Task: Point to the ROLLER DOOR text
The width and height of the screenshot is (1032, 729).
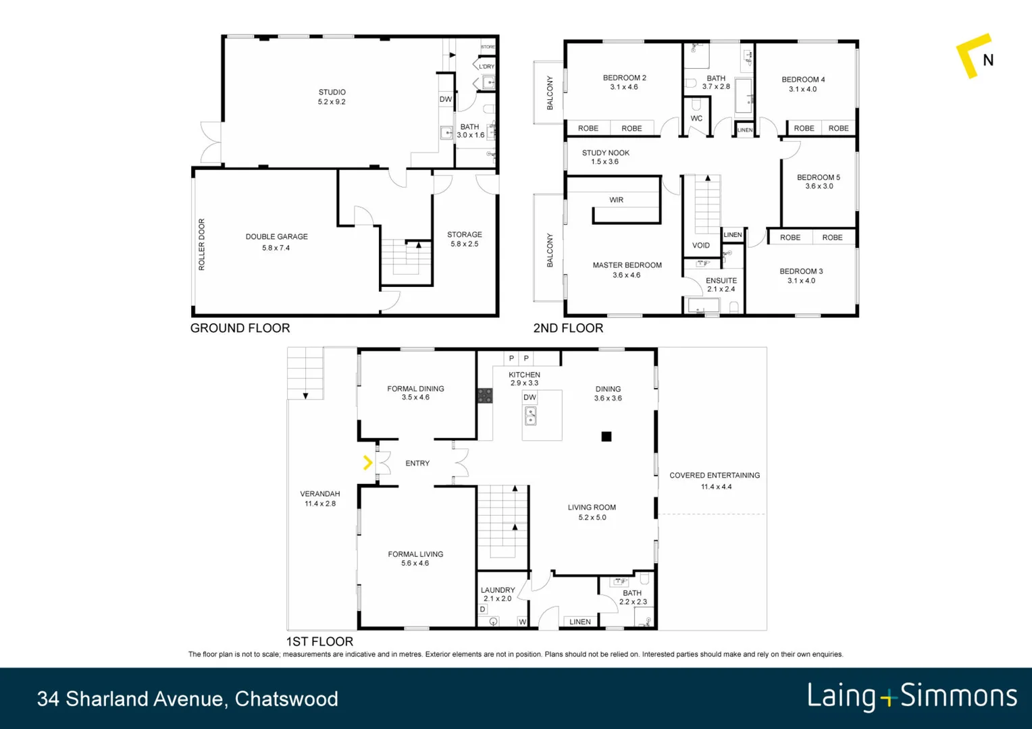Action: [201, 244]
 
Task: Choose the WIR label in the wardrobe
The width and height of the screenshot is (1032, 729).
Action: [616, 200]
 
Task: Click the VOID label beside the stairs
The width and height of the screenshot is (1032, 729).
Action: [701, 245]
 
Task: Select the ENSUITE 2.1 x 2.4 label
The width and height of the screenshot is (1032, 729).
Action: [721, 284]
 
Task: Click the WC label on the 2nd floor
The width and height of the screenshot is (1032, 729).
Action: [696, 118]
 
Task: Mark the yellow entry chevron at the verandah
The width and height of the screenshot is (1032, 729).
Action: [367, 462]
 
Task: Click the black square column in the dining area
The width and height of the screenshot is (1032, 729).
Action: [607, 437]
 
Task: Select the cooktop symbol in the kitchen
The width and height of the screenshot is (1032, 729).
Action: [485, 396]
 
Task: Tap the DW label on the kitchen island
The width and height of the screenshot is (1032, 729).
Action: [530, 398]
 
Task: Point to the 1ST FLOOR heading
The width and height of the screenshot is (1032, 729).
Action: [319, 641]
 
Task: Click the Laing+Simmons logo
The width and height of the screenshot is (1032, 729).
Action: [912, 697]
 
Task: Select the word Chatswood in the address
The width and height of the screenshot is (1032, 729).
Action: [286, 699]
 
